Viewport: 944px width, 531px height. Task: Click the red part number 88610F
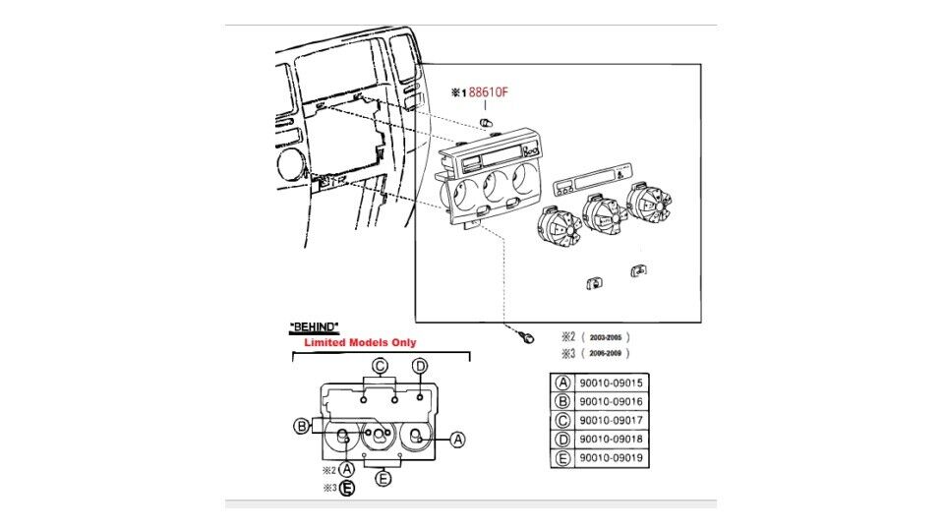[489, 92]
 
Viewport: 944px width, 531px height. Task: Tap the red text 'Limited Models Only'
[359, 342]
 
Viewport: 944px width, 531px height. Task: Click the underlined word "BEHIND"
[315, 325]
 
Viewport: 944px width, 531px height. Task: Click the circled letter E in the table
[563, 457]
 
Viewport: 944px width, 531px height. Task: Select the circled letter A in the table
[563, 383]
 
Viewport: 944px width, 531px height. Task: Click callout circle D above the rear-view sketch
[420, 367]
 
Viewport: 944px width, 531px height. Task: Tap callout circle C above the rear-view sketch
[379, 367]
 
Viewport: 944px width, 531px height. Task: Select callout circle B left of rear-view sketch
[302, 426]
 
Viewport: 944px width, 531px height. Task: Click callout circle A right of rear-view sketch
[457, 440]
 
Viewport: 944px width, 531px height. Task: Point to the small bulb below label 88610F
[485, 122]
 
